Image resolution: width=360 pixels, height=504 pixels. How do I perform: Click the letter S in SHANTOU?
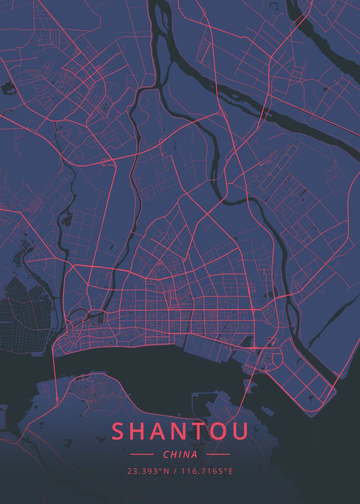tap(119, 431)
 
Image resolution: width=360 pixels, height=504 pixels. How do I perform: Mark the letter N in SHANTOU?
tap(184, 431)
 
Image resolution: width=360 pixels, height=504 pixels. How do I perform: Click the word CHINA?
tap(180, 454)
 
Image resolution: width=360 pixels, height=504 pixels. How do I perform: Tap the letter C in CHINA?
tap(166, 454)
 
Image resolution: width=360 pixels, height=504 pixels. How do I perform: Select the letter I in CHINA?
tap(180, 454)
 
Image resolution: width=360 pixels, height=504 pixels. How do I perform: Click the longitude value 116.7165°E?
tap(207, 471)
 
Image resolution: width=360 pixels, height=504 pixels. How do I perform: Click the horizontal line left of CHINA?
tap(142, 454)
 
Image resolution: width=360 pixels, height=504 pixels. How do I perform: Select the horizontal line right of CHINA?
tap(218, 454)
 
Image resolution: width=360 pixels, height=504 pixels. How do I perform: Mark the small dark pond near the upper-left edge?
tap(7, 87)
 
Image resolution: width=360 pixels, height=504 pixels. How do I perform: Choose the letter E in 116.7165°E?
tap(231, 471)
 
